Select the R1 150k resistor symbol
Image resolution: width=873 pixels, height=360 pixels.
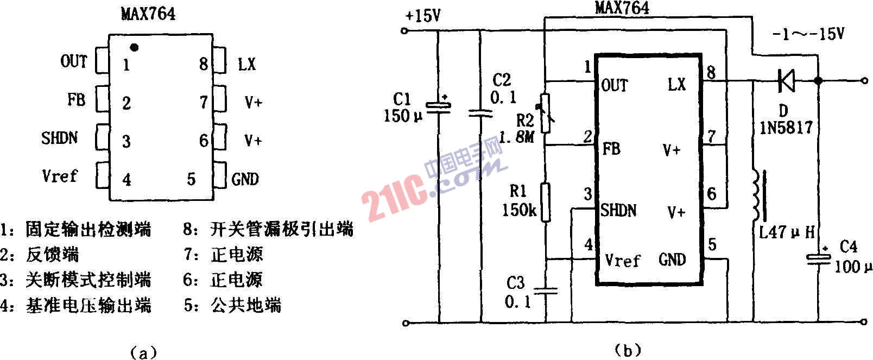(546, 203)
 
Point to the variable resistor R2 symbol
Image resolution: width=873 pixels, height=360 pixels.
(546, 113)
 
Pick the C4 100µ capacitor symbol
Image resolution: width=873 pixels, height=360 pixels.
(818, 259)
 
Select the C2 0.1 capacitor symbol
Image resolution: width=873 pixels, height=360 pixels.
(480, 113)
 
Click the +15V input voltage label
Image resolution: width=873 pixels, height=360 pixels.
(423, 16)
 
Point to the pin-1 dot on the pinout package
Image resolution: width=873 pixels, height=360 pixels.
(135, 48)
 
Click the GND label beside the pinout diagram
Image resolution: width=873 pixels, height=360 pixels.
(245, 179)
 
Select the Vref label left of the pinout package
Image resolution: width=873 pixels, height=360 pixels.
(60, 176)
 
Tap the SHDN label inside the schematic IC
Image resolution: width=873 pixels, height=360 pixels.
(618, 210)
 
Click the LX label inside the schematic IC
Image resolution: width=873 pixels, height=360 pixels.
(676, 84)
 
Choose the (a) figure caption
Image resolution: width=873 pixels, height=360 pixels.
(143, 352)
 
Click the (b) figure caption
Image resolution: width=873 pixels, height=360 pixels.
(628, 350)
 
